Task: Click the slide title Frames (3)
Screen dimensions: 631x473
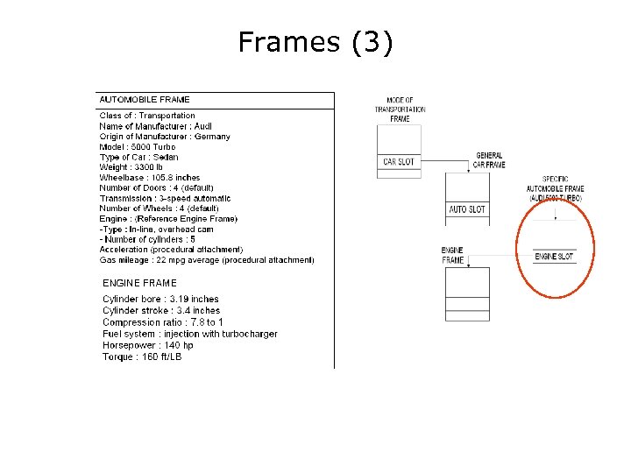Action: click(315, 42)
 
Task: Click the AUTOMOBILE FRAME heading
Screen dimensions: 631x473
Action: click(145, 100)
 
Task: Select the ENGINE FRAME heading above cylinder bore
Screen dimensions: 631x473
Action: click(139, 283)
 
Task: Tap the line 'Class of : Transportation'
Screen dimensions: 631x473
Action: click(147, 116)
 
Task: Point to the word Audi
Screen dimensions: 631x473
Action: click(202, 126)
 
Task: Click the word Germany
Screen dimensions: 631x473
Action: click(212, 137)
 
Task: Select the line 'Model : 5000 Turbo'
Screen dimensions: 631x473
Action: click(138, 147)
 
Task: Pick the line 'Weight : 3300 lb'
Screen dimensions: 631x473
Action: click(131, 167)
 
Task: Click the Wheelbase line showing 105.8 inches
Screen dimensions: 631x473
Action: click(150, 178)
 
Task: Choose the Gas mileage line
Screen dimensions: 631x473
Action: click(207, 260)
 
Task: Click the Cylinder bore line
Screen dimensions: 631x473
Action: click(160, 300)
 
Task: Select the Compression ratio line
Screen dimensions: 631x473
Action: click(162, 322)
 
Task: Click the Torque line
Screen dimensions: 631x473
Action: click(142, 357)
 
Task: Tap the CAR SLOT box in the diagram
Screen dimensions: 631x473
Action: click(399, 161)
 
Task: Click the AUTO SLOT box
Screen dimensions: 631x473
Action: click(467, 209)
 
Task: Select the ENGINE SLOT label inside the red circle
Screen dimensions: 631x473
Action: click(554, 257)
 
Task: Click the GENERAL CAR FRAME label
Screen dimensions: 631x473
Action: click(489, 160)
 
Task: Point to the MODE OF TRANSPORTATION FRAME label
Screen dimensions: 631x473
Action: click(400, 109)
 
